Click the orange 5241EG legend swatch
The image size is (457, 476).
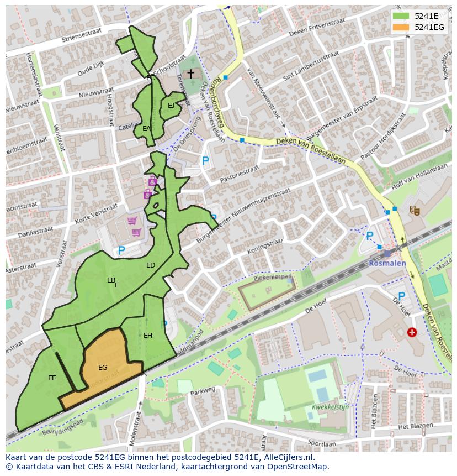[x=401, y=27]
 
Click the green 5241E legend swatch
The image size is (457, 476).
[x=401, y=16]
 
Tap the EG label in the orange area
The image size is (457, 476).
[x=103, y=368]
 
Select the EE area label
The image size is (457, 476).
[x=52, y=378]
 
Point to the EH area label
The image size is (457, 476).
[x=148, y=336]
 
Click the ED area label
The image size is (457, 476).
[x=151, y=265]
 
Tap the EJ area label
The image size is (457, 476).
[x=171, y=106]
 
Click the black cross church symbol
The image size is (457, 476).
[x=190, y=74]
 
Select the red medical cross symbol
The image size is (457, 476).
[x=412, y=332]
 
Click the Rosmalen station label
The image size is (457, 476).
[x=387, y=263]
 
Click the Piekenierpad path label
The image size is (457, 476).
[x=273, y=274]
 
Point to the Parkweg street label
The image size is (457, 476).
[x=203, y=390]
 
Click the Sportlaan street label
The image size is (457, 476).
[x=322, y=443]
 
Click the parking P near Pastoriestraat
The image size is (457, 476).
[x=205, y=161]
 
